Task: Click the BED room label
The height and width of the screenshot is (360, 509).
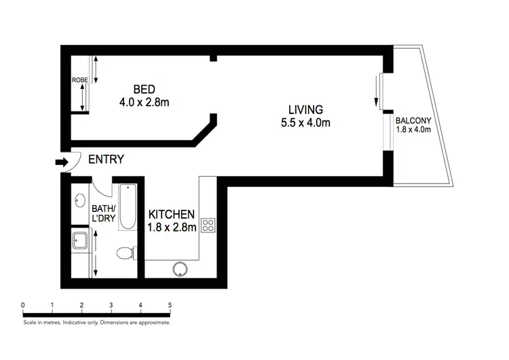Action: (143, 89)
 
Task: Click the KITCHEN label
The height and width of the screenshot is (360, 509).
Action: (172, 215)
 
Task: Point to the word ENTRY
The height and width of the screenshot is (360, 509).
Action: (107, 160)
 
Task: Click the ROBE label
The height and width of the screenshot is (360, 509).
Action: (80, 80)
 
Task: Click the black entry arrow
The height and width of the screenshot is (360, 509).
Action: (62, 162)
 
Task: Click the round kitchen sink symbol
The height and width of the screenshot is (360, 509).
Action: (181, 269)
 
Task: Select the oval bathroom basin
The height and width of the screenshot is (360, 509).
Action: (79, 201)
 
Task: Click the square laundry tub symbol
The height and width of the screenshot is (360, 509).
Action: (79, 240)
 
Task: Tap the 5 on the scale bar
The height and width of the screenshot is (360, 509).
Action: (170, 305)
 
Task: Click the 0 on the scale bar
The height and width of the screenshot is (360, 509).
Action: (23, 305)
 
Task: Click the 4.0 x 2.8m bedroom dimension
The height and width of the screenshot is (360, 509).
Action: (143, 103)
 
